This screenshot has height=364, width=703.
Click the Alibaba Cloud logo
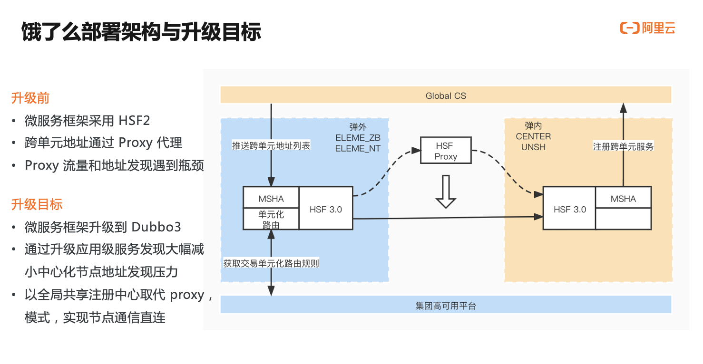coord(647,28)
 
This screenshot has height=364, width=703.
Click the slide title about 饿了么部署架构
coord(141,32)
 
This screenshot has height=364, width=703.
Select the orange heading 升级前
coord(30,98)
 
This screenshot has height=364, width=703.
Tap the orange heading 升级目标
coord(37,204)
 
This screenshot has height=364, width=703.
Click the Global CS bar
coord(445,96)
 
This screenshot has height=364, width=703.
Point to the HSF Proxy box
coord(446,151)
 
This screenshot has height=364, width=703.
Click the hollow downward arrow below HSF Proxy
coord(446,192)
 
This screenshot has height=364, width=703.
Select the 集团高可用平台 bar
coord(445,306)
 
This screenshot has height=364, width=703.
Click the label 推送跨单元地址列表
coord(271,146)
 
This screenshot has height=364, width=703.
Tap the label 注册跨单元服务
coord(623,146)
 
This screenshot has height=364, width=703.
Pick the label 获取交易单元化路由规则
coord(271,263)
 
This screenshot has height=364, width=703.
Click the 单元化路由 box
coord(271,219)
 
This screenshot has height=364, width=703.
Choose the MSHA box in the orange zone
coord(623,198)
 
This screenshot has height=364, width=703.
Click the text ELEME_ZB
coord(358,137)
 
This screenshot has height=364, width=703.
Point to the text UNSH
coord(533,147)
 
